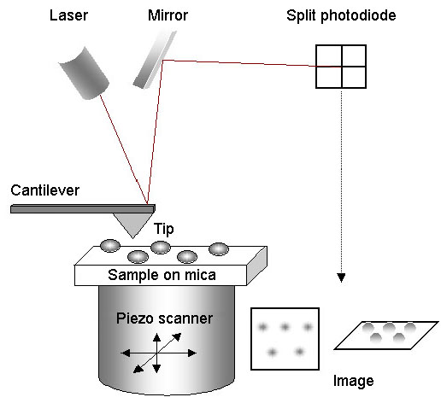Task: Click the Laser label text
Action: tap(68, 15)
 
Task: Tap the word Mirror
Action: tap(168, 15)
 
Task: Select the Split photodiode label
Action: tap(341, 16)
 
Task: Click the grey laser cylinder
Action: tap(84, 73)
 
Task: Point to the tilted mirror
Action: tap(155, 60)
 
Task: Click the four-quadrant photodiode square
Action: tap(341, 67)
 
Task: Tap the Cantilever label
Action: tap(44, 190)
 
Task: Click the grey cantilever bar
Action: tap(83, 208)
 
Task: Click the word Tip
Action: tap(163, 229)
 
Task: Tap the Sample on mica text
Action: tap(162, 275)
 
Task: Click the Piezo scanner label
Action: tap(164, 318)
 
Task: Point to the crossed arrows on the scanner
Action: tap(157, 353)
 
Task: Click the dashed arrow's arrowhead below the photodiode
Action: tap(341, 277)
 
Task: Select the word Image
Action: tap(354, 381)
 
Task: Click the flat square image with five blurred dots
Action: tap(285, 339)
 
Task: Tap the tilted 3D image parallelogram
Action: tap(386, 336)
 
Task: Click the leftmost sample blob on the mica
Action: tap(110, 246)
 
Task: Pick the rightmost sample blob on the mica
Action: tap(219, 249)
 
